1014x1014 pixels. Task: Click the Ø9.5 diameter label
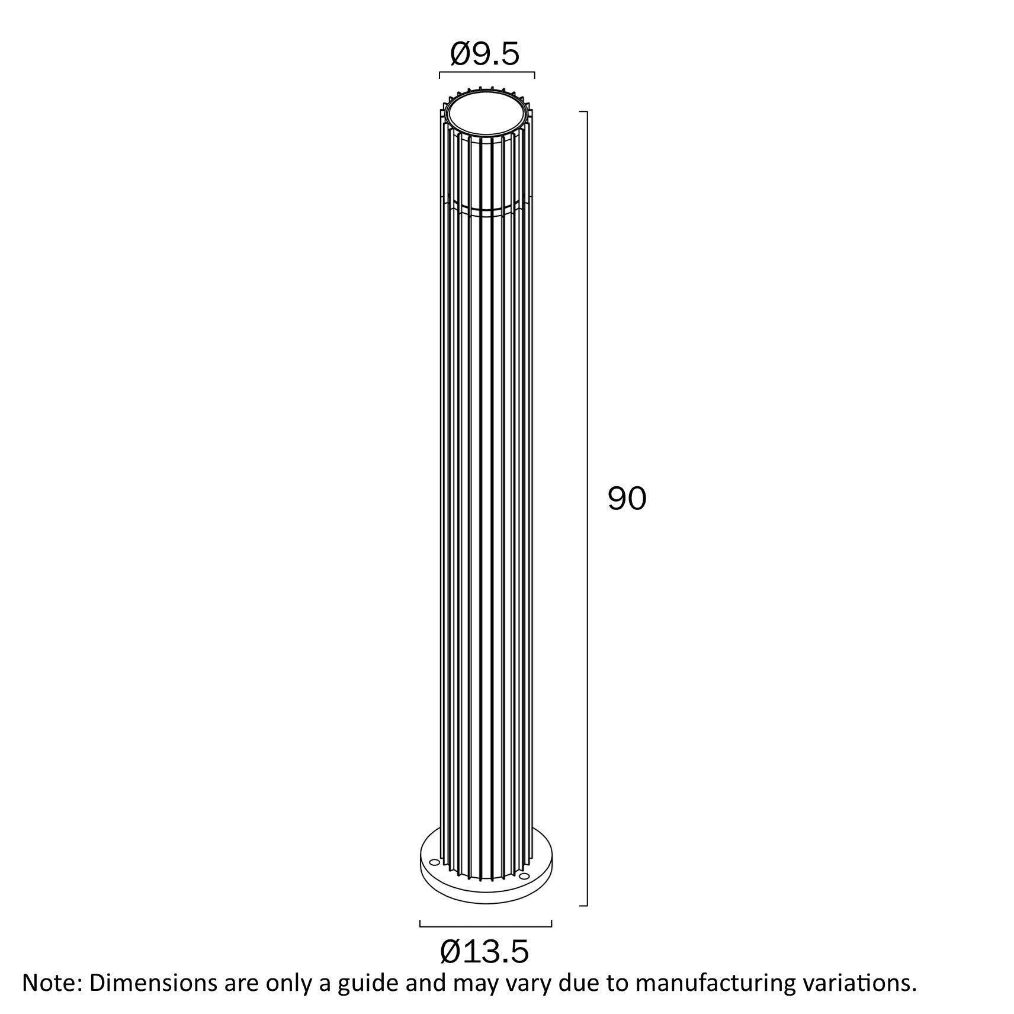click(484, 54)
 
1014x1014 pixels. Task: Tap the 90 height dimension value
click(627, 499)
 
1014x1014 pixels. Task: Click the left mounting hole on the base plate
click(434, 878)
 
